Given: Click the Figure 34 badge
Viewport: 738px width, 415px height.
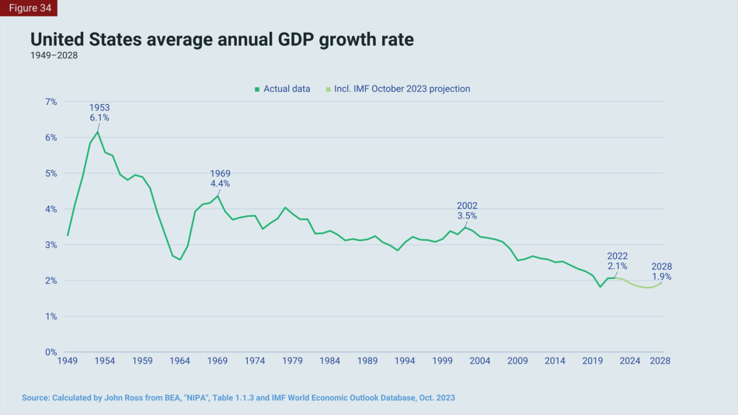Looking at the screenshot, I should [x=29, y=8].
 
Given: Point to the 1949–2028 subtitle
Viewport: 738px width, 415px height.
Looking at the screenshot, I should [x=54, y=55].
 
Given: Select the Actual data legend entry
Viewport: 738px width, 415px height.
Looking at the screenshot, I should [x=282, y=89].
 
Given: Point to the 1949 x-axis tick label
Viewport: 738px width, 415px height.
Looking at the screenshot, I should [x=68, y=361].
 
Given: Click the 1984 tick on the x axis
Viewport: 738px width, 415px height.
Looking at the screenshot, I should [x=330, y=361].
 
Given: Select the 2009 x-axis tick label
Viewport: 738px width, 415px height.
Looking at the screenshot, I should [x=517, y=361].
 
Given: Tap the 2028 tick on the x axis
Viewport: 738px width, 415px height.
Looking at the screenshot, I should [x=660, y=361].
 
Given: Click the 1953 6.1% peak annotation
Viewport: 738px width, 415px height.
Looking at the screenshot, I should [x=99, y=113].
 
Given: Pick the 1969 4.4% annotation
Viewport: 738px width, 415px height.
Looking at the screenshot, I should [x=220, y=179].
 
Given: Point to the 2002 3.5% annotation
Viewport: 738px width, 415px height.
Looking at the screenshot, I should [x=467, y=211].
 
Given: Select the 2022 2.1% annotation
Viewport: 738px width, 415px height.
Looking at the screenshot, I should [x=618, y=261].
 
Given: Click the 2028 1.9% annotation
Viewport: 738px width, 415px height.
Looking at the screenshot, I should [x=661, y=271].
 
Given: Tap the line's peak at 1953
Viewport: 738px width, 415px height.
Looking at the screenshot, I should [x=98, y=131].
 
